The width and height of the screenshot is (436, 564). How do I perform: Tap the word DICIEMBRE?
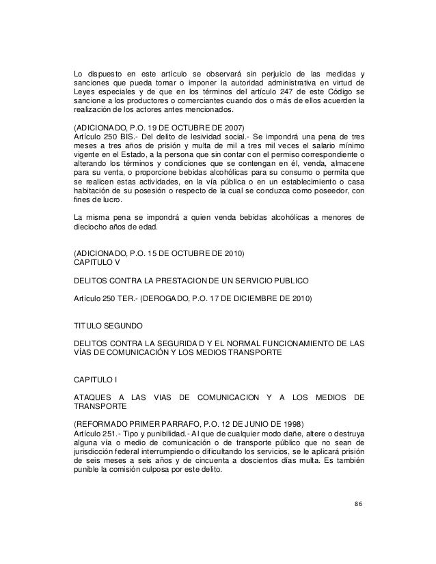(263, 300)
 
